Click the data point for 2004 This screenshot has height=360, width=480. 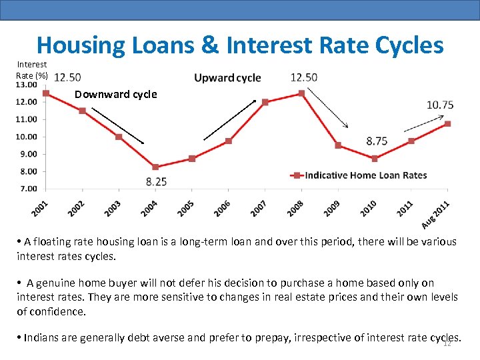[155, 167]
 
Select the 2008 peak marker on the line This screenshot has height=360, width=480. [301, 93]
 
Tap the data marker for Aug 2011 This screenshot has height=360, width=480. [447, 124]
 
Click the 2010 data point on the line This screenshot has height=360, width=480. [375, 159]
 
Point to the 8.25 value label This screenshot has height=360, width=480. [156, 181]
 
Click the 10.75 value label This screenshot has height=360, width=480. [440, 105]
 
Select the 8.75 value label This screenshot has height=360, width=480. [377, 141]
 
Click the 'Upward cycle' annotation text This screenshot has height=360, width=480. [227, 78]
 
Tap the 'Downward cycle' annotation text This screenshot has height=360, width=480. [116, 95]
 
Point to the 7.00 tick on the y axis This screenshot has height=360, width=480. [28, 189]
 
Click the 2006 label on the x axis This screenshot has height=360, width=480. [221, 209]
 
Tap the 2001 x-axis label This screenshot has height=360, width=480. [38, 209]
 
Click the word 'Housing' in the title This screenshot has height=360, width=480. [80, 45]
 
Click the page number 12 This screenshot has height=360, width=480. [447, 343]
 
